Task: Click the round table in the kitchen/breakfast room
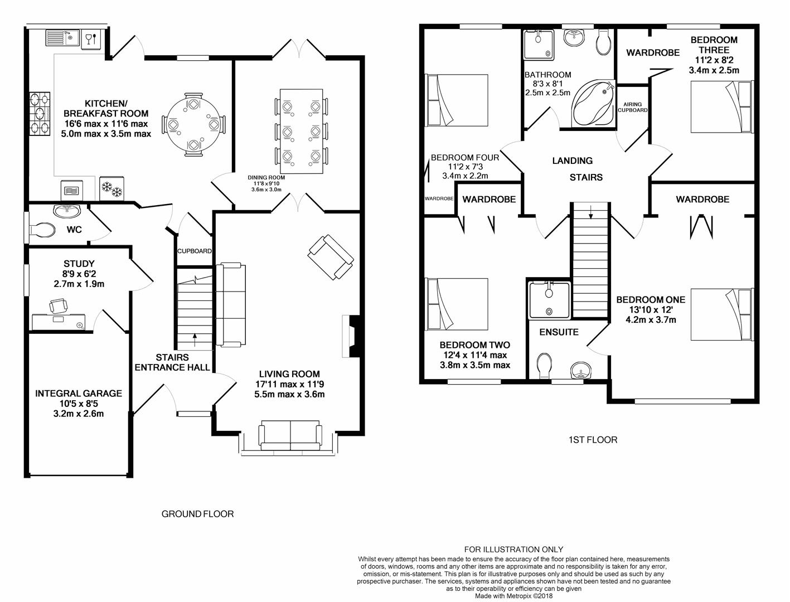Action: click(x=193, y=124)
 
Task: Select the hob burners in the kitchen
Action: click(x=39, y=114)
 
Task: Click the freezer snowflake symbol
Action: click(x=111, y=190)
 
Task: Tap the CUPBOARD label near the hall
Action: click(x=194, y=251)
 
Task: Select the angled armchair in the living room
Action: click(x=331, y=257)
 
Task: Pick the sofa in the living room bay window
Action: click(x=290, y=436)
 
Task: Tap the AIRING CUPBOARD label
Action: click(x=632, y=107)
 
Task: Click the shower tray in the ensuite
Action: click(x=549, y=300)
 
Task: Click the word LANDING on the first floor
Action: click(x=572, y=161)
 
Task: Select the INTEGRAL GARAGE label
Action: click(x=79, y=394)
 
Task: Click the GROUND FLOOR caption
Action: click(x=197, y=514)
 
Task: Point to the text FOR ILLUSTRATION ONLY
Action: click(x=513, y=550)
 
